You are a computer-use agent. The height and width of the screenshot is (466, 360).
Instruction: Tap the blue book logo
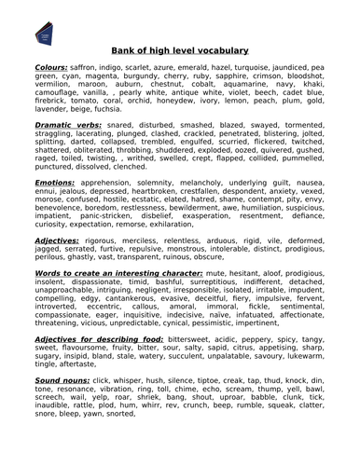[42, 34]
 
